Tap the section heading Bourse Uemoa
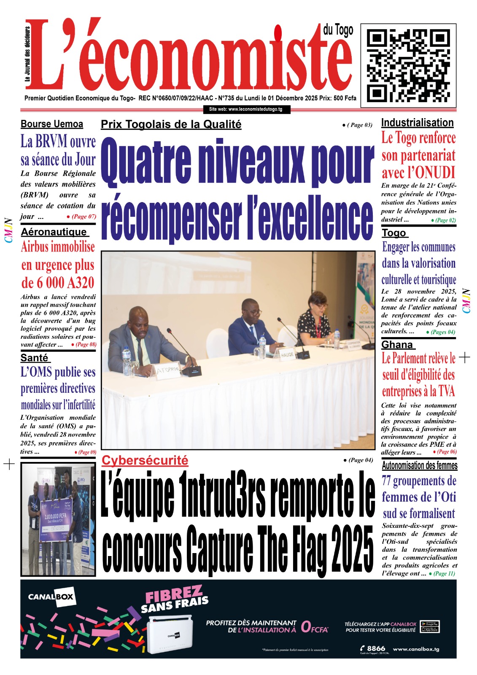(52, 124)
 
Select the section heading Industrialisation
(417, 123)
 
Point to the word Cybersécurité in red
(145, 460)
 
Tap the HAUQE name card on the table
(287, 355)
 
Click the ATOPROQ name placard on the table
(168, 370)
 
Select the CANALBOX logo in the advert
(51, 597)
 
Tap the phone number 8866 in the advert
(376, 648)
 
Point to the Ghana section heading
(397, 345)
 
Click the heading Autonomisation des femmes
(419, 465)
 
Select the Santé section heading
(35, 358)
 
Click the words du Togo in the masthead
(338, 30)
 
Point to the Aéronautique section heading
(54, 232)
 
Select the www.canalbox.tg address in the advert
(416, 649)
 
